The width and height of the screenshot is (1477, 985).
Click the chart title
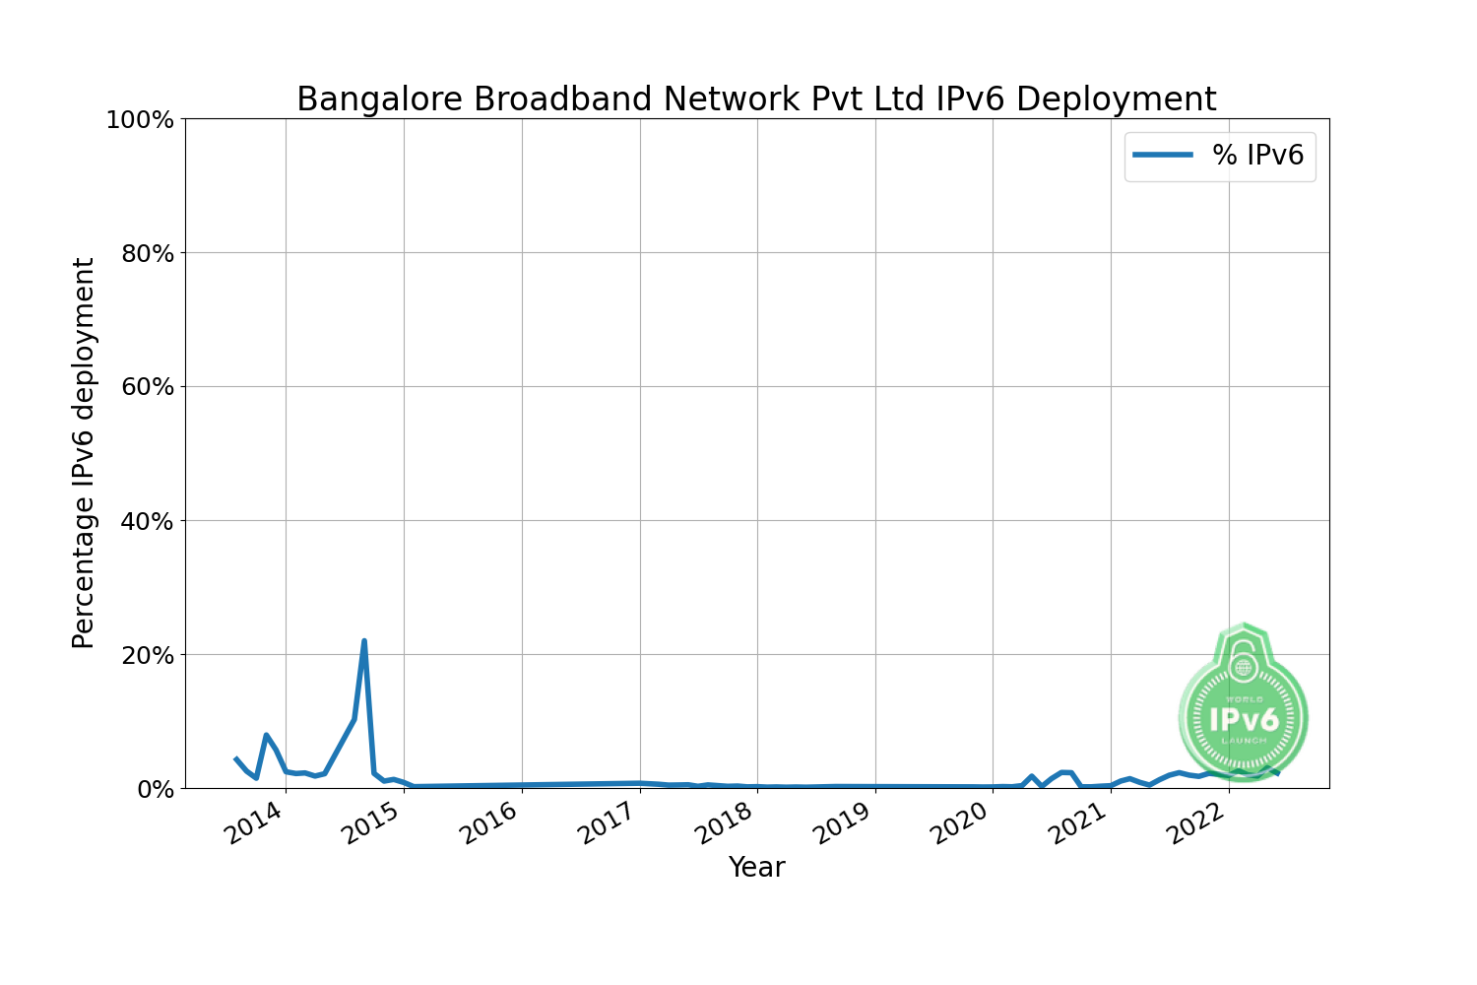756,99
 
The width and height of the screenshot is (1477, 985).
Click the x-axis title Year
756,868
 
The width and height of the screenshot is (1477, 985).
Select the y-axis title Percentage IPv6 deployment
85,453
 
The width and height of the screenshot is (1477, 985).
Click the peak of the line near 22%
364,641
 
